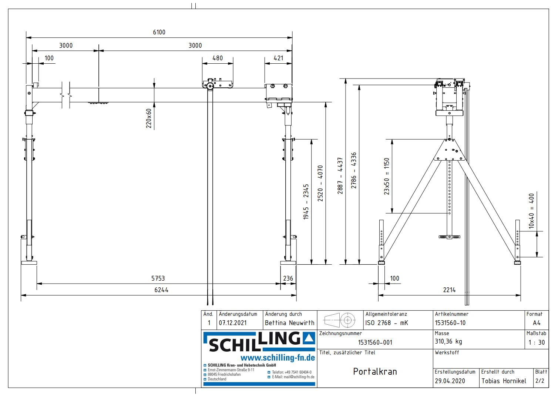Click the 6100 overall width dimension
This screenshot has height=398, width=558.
pyautogui.click(x=159, y=32)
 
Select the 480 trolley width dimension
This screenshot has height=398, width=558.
pyautogui.click(x=218, y=58)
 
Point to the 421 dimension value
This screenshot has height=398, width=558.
pyautogui.click(x=278, y=58)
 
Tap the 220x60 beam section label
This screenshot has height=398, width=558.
pyautogui.click(x=149, y=118)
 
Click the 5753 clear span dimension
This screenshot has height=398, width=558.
pyautogui.click(x=158, y=278)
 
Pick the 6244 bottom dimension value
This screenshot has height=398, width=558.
pyautogui.click(x=161, y=290)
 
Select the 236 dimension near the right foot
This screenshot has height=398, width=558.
pyautogui.click(x=288, y=278)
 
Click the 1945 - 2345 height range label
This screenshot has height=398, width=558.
pyautogui.click(x=306, y=202)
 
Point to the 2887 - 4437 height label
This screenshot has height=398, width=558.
pyautogui.click(x=340, y=175)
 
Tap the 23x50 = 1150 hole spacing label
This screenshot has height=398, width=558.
pyautogui.click(x=387, y=176)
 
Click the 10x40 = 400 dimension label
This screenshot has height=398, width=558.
pyautogui.click(x=531, y=211)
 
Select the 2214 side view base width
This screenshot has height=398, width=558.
pyautogui.click(x=449, y=290)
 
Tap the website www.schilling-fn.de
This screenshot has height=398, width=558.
pyautogui.click(x=278, y=358)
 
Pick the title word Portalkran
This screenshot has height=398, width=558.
pyautogui.click(x=375, y=371)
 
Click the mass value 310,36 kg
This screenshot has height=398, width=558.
pyautogui.click(x=448, y=341)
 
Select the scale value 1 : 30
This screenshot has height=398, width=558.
pyautogui.click(x=537, y=342)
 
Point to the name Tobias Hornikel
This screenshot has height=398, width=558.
pyautogui.click(x=504, y=381)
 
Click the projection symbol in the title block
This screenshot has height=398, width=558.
pyautogui.click(x=340, y=320)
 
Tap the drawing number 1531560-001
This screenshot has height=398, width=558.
pyautogui.click(x=375, y=342)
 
